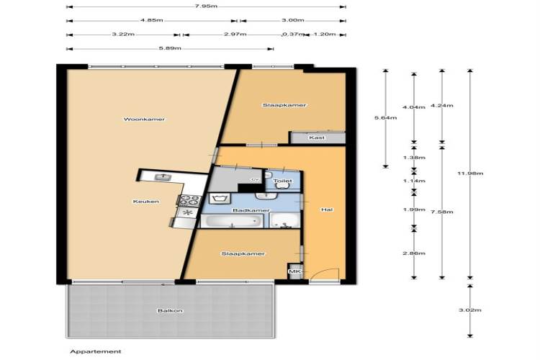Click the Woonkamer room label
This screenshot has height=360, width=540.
[144, 120]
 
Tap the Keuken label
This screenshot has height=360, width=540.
[146, 202]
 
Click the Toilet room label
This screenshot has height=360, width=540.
[282, 181]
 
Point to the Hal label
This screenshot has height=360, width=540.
[327, 210]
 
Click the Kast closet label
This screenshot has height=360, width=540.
[317, 138]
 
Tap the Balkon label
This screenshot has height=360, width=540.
[170, 311]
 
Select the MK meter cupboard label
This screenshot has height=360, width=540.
[294, 271]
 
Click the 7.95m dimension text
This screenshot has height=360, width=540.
[206, 6]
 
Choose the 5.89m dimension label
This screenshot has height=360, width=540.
[170, 48]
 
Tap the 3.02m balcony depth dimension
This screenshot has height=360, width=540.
[470, 310]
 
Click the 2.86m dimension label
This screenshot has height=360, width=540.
[414, 253]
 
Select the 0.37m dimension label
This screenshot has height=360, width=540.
[293, 34]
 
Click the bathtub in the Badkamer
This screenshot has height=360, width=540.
[232, 221]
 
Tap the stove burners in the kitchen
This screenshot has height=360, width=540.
[189, 200]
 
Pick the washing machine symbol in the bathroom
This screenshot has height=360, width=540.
[218, 199]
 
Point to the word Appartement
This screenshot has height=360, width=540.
[96, 352]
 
